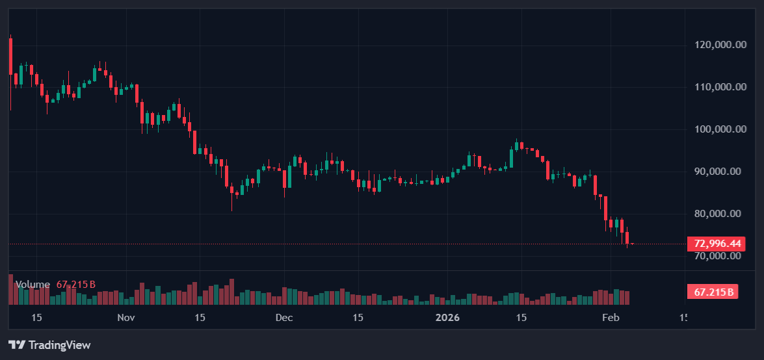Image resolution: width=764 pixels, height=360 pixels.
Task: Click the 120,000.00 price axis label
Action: [720, 45]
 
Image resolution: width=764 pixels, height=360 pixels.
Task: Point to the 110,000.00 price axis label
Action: [720, 87]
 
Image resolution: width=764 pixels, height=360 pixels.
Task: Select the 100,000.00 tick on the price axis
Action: [720, 129]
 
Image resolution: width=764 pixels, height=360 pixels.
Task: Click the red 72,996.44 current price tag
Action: [717, 244]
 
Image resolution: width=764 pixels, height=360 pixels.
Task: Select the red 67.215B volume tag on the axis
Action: [713, 292]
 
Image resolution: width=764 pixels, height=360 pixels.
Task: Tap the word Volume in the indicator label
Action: [33, 285]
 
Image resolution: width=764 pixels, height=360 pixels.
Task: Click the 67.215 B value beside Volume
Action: [76, 285]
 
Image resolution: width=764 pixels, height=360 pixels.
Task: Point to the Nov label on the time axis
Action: [126, 318]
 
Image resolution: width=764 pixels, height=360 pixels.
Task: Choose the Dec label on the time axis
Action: [284, 318]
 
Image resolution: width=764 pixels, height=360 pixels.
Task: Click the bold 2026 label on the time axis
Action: [447, 318]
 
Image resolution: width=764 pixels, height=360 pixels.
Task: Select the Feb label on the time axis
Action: [610, 318]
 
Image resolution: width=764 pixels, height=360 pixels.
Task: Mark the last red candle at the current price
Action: [632, 244]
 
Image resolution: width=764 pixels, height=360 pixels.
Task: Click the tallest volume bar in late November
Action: [231, 292]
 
